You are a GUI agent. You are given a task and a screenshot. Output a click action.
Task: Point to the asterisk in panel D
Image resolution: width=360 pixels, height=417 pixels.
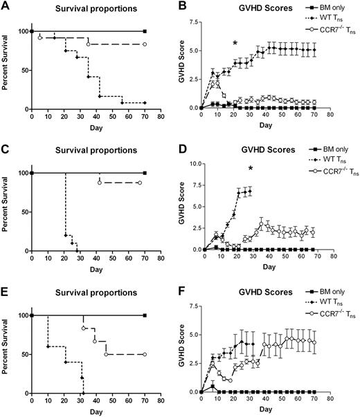(250, 169)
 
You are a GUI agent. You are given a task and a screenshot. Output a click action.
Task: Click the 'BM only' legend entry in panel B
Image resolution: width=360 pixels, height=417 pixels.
(325, 10)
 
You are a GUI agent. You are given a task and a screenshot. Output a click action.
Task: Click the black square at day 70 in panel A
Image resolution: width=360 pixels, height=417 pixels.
(145, 32)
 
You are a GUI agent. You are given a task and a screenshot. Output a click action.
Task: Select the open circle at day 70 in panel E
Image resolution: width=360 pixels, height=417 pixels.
(145, 354)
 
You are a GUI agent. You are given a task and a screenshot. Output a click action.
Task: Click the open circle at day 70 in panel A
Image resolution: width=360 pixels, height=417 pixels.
(145, 44)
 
